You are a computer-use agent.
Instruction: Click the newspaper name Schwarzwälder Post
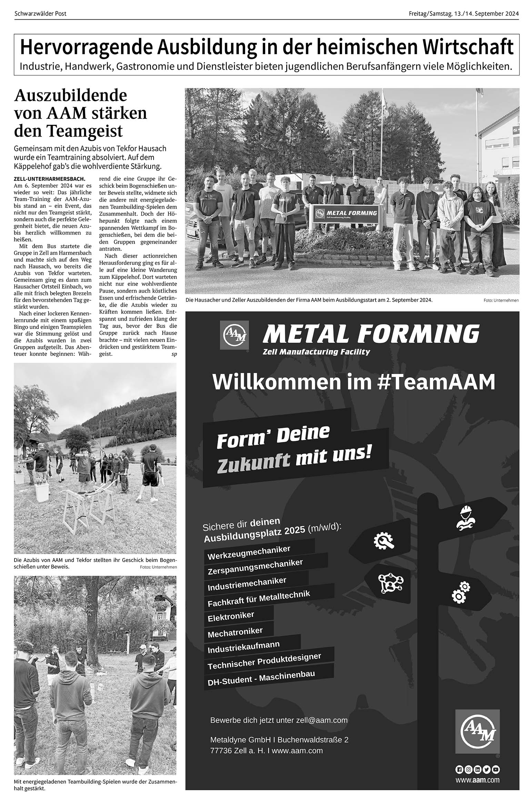click(x=40, y=14)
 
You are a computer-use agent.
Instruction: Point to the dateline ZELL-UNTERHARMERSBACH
click(x=49, y=179)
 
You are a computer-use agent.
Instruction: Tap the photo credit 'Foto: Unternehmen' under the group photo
click(x=501, y=300)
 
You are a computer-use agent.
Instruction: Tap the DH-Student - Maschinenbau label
click(x=261, y=677)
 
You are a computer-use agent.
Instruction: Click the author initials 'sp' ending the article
click(x=174, y=354)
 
